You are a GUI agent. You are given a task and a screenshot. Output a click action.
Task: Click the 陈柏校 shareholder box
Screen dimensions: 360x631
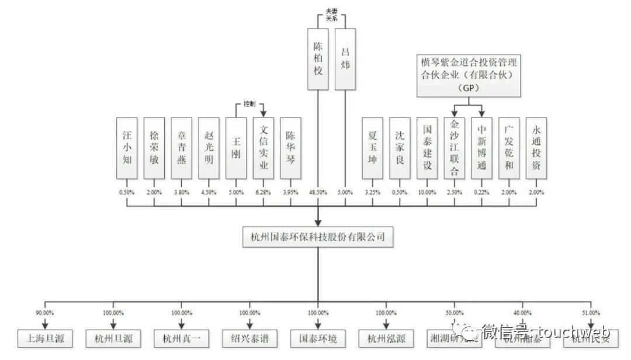pyautogui.click(x=318, y=59)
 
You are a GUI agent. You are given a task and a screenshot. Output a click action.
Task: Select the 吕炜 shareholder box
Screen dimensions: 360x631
pyautogui.click(x=345, y=59)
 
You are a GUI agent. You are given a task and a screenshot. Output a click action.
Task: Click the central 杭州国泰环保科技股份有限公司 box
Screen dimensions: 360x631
pyautogui.click(x=318, y=238)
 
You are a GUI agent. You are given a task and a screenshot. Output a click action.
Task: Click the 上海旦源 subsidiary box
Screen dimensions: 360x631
pyautogui.click(x=44, y=338)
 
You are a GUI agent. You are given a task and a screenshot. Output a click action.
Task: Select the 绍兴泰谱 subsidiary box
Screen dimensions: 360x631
pyautogui.click(x=249, y=338)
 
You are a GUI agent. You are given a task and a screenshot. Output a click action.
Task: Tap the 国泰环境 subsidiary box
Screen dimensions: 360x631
pyautogui.click(x=318, y=338)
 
